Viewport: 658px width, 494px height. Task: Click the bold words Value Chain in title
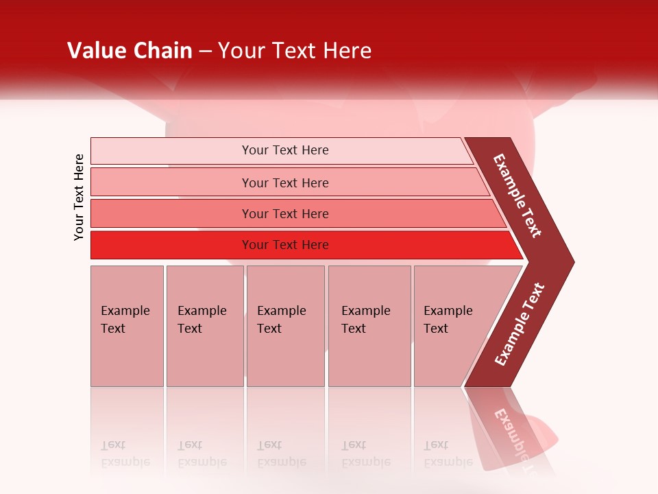[x=130, y=51]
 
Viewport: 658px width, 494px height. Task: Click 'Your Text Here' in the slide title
[x=295, y=51]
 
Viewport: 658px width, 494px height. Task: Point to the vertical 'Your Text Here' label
[x=79, y=197]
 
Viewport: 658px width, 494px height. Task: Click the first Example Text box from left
[x=127, y=326]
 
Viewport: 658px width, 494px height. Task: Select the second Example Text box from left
[x=204, y=326]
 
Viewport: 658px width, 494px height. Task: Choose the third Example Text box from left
[x=285, y=326]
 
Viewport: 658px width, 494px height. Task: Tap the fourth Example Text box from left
[x=369, y=326]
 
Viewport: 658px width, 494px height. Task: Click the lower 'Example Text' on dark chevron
[x=520, y=325]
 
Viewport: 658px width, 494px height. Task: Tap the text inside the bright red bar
[x=285, y=245]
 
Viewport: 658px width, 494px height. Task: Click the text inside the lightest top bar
[x=285, y=150]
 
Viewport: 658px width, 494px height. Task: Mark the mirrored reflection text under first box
[x=125, y=454]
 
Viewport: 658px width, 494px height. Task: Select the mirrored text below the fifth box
[x=448, y=454]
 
